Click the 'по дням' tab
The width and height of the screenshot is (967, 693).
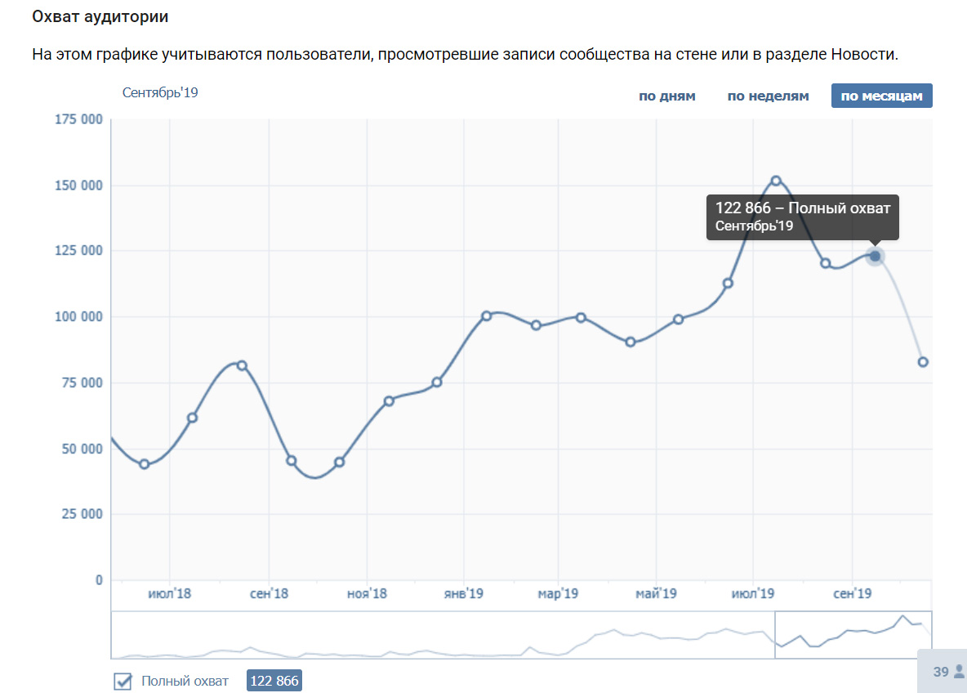(x=666, y=96)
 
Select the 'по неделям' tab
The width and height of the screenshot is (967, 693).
(x=768, y=96)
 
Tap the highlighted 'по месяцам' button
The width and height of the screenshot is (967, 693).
(x=881, y=96)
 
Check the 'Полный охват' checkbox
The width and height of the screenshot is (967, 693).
(x=123, y=681)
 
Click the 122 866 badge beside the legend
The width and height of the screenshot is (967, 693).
(x=274, y=681)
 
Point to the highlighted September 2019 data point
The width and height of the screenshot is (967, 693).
(x=875, y=256)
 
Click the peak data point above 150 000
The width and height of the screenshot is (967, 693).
(x=776, y=181)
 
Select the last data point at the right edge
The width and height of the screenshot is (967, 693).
(x=923, y=362)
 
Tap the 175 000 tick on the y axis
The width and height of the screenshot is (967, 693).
(x=78, y=119)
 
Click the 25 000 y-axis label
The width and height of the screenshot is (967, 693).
(x=82, y=514)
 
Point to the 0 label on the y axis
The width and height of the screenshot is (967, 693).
(x=99, y=580)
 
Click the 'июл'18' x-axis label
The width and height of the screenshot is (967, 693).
(x=170, y=593)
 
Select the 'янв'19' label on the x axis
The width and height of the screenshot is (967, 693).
(x=464, y=593)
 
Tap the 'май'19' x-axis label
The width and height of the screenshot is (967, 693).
(x=656, y=593)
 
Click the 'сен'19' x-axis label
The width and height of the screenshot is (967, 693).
(x=853, y=593)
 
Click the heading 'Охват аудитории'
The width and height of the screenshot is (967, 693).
(x=100, y=16)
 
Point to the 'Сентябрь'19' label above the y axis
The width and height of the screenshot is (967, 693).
(x=160, y=92)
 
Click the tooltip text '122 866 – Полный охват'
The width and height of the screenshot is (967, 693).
(x=802, y=208)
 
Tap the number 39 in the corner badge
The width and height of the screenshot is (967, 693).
(x=941, y=672)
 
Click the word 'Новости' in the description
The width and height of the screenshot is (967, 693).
(x=863, y=54)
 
